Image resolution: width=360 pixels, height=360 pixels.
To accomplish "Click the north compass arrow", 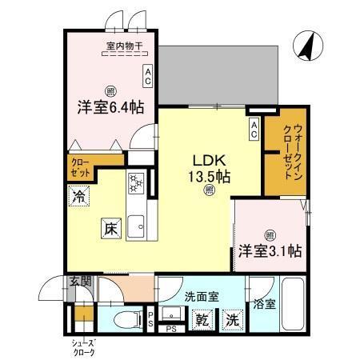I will tap(307, 46).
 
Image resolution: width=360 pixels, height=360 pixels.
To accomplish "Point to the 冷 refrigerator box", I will tap(80, 195).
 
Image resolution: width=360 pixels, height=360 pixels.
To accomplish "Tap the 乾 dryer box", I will tap(202, 318).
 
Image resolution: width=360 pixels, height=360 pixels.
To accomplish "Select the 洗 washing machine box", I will tap(232, 318).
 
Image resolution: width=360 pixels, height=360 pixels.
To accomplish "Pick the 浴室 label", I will tap(265, 305).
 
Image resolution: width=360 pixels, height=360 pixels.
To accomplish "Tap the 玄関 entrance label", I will tap(79, 282).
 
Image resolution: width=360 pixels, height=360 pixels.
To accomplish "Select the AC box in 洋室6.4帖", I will tap(148, 75).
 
